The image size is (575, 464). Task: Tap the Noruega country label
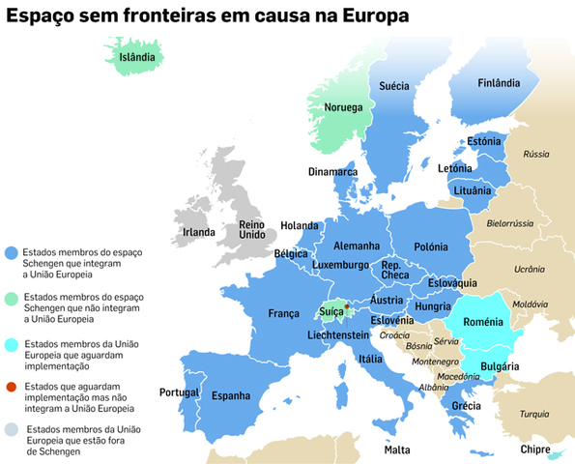(343, 107)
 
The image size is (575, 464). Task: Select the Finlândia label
(499, 84)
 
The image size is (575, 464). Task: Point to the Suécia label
(393, 86)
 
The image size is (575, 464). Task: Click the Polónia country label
(431, 247)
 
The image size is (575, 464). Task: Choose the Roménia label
(484, 320)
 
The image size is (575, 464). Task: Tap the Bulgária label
(501, 366)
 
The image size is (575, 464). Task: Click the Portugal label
(179, 392)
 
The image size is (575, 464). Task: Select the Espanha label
(231, 395)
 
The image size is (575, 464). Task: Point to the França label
(284, 313)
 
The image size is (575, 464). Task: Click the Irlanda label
(198, 232)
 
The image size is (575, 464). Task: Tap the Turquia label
(533, 413)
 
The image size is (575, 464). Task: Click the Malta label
(397, 450)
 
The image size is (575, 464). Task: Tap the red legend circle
(10, 387)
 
